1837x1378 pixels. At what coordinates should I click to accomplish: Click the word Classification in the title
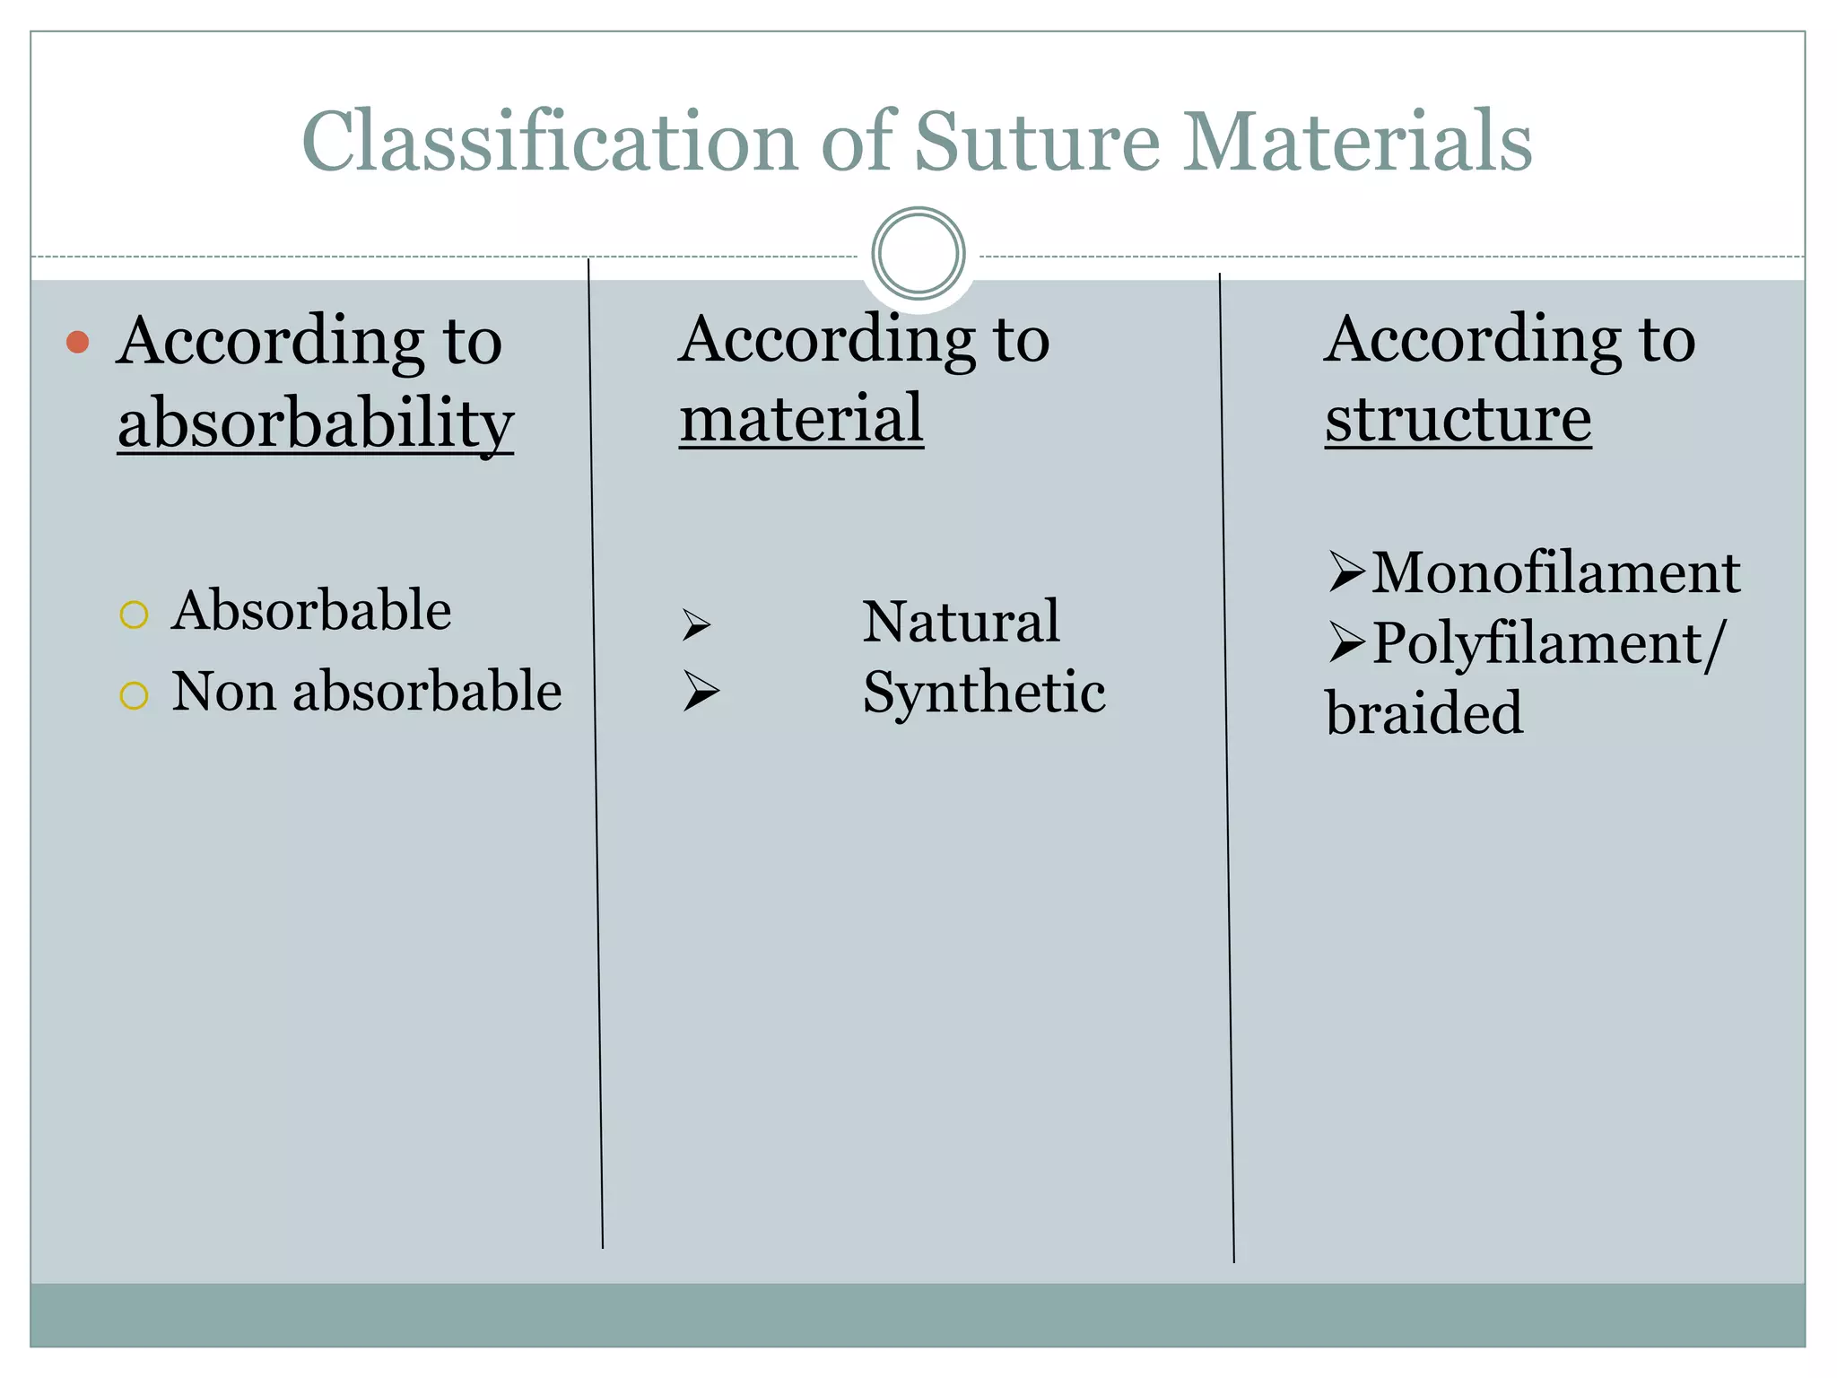point(549,142)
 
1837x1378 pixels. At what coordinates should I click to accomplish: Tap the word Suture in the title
point(1037,142)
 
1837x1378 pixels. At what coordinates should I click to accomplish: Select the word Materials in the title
point(1357,142)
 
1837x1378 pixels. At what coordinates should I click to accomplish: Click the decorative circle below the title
point(918,253)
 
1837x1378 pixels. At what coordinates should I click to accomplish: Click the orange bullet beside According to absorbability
point(78,342)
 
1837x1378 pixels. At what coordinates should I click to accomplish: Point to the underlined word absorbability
point(315,423)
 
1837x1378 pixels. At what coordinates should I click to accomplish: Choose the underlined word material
point(801,418)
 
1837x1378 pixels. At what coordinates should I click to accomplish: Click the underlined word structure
point(1458,418)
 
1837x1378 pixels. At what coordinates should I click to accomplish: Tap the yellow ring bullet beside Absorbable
point(134,615)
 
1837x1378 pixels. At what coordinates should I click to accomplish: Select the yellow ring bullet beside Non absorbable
point(134,695)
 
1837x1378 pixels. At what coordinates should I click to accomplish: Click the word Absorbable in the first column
point(311,610)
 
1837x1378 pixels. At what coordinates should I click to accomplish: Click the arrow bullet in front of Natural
point(696,624)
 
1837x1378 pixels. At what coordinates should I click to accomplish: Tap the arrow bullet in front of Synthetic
point(700,691)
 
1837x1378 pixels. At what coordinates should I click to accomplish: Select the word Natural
point(961,621)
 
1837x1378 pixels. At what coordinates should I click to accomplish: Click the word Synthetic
point(984,693)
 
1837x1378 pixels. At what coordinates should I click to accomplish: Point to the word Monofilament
point(1556,572)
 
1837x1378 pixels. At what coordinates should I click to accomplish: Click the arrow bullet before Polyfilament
point(1346,642)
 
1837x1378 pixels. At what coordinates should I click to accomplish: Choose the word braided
point(1424,713)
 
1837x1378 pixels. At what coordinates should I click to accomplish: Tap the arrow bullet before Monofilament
point(1346,571)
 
